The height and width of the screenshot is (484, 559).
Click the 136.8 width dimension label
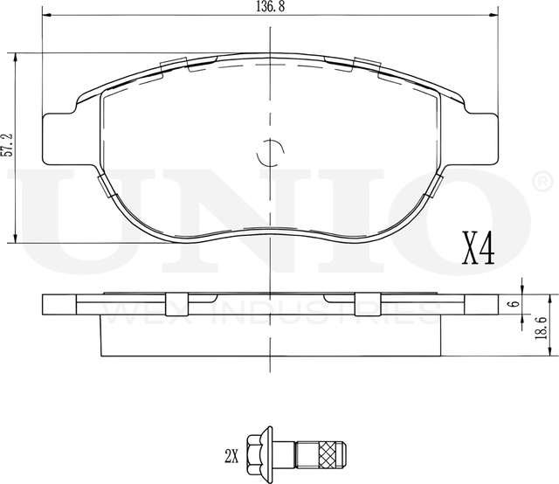[x=270, y=7]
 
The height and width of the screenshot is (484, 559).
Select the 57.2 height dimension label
[x=8, y=145]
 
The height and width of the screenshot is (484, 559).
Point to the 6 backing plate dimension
[x=514, y=304]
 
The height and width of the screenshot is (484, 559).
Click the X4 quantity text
[x=479, y=248]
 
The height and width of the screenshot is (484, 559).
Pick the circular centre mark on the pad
[x=270, y=153]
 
